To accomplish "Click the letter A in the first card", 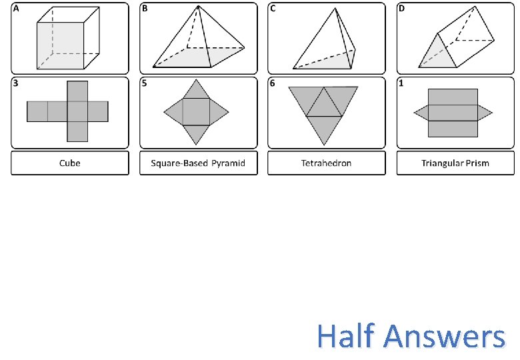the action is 17,9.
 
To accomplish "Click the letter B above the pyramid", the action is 145,9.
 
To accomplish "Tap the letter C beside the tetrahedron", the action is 273,9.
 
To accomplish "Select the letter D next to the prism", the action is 402,9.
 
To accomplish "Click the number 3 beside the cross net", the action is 16,83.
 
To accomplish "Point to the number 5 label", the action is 145,83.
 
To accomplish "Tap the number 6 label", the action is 273,83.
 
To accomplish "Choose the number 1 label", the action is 402,83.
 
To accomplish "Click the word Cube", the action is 69,163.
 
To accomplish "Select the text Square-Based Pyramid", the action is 198,163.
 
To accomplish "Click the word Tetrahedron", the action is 326,163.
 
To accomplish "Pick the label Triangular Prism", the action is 455,163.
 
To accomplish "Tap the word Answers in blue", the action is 445,337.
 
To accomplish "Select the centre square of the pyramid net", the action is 197,111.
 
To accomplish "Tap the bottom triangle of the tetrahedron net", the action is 324,130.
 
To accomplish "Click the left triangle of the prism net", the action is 421,112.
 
